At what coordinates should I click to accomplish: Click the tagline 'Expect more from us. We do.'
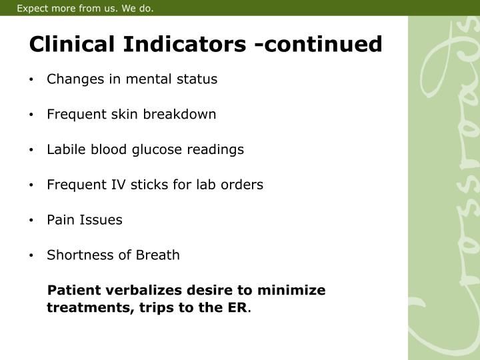click(x=85, y=9)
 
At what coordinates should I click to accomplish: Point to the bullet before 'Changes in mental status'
click(x=32, y=80)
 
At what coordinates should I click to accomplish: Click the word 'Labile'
click(x=64, y=149)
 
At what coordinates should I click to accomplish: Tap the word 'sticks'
click(x=142, y=185)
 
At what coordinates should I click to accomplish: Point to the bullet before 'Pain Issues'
click(x=32, y=221)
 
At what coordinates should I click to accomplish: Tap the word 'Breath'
click(x=158, y=255)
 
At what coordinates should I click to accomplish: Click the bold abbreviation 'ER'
click(x=237, y=309)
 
